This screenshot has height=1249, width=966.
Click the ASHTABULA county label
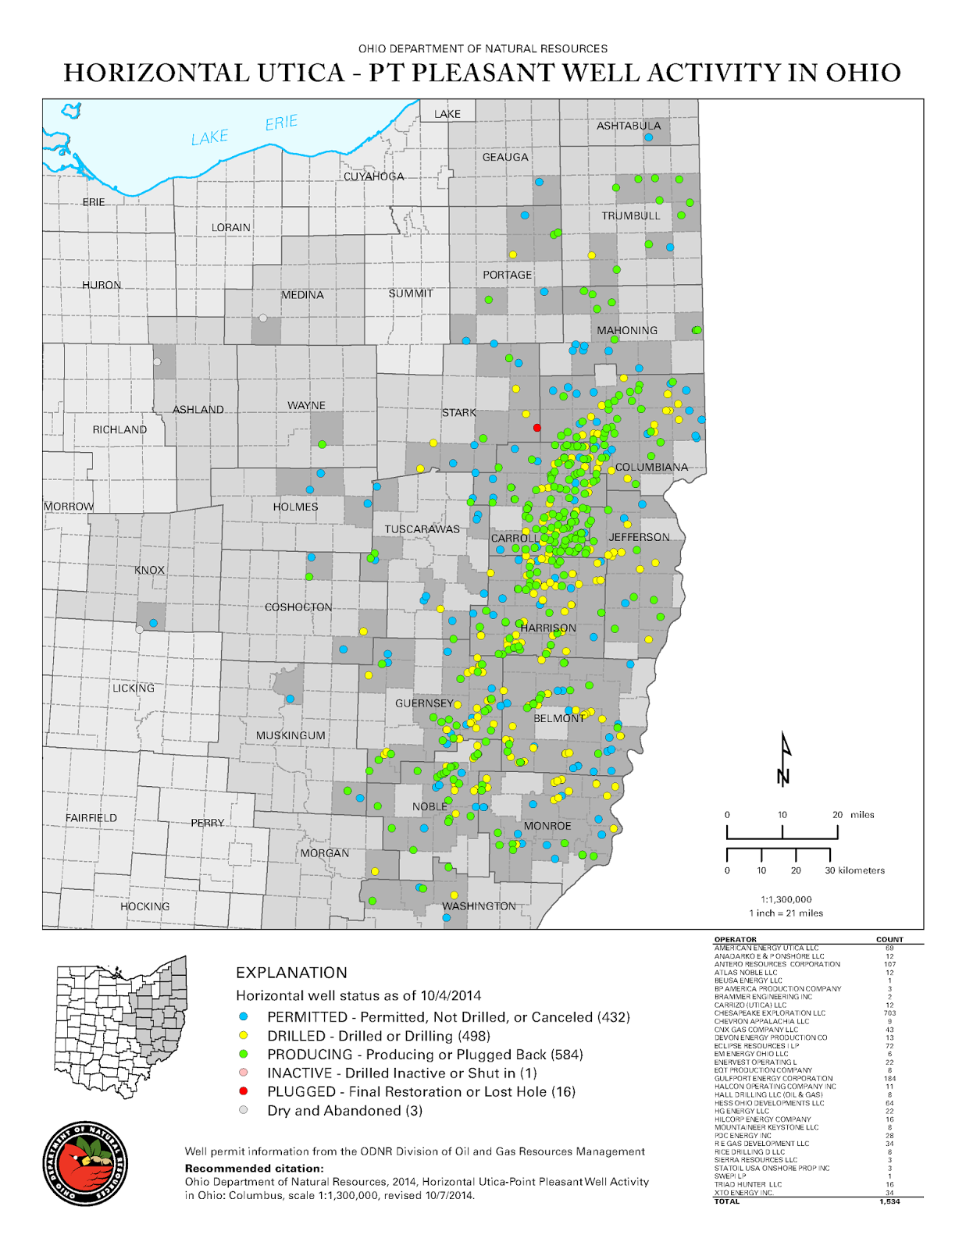pos(628,126)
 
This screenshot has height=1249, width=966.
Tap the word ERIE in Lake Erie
pos(281,123)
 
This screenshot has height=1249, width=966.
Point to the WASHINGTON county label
pos(479,906)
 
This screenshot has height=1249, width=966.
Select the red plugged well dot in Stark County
pos(537,428)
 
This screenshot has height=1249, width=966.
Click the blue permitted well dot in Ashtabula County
pos(648,137)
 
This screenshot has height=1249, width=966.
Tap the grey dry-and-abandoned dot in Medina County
pos(263,318)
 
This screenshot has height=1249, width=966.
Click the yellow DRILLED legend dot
pos(244,1036)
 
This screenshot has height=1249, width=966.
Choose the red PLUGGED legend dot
pos(244,1091)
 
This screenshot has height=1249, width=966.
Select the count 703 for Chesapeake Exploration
pos(889,1013)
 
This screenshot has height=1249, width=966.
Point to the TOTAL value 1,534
pos(889,1201)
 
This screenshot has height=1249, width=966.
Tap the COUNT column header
pos(889,940)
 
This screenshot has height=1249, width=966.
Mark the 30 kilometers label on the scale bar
pos(854,870)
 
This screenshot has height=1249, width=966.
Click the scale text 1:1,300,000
pos(786,899)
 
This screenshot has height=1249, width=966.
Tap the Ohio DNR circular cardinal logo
pos(85,1164)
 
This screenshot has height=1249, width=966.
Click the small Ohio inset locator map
pos(121,1027)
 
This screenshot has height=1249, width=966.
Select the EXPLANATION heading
pos(291,973)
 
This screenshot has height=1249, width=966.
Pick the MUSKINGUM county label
pos(291,735)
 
